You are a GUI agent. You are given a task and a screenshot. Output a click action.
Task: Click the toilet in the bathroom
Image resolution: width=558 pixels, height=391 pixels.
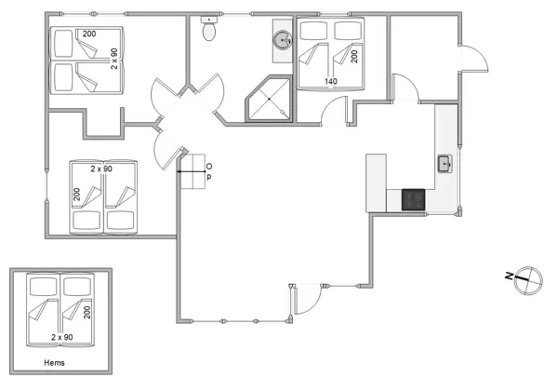click(x=211, y=30)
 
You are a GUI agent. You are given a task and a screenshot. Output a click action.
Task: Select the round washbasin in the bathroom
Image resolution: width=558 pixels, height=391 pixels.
click(x=282, y=40)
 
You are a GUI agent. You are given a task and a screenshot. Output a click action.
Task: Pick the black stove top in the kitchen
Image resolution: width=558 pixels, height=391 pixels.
click(x=413, y=198)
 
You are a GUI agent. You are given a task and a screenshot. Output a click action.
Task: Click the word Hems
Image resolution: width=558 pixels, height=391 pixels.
click(x=57, y=363)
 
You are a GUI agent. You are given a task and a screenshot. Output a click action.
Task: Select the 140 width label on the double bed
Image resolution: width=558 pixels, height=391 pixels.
click(x=331, y=81)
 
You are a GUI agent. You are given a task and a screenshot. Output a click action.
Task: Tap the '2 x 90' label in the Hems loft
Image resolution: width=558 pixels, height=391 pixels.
click(x=62, y=337)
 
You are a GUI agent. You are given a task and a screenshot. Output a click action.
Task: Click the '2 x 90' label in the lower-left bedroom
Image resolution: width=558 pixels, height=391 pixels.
click(x=101, y=169)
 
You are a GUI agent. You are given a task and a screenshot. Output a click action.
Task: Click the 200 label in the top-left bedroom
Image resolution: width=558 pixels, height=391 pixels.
click(x=88, y=34)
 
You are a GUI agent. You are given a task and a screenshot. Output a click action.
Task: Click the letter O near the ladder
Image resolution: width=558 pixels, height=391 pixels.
click(x=208, y=165)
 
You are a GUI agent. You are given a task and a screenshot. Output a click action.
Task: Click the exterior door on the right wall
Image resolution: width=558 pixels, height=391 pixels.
click(x=474, y=61)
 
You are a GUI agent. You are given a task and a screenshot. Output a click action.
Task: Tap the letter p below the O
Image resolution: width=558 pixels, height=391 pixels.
click(x=208, y=177)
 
